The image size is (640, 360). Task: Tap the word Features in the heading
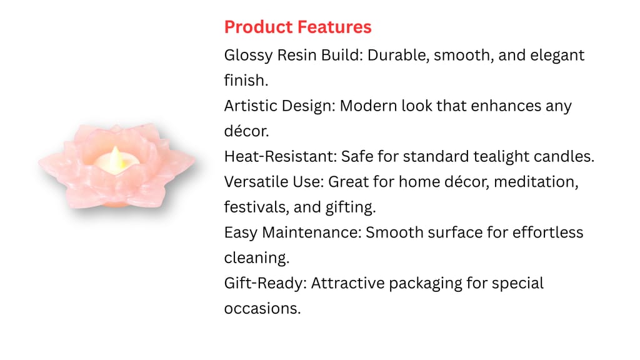tap(334, 27)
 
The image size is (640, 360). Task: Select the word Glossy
tap(248, 56)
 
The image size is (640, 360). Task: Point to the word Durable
tap(398, 55)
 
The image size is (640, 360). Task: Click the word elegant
tap(557, 56)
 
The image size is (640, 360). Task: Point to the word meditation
tap(536, 182)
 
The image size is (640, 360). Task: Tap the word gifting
tap(350, 207)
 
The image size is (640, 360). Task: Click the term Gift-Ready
tap(265, 284)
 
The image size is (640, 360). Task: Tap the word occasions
tap(262, 309)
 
